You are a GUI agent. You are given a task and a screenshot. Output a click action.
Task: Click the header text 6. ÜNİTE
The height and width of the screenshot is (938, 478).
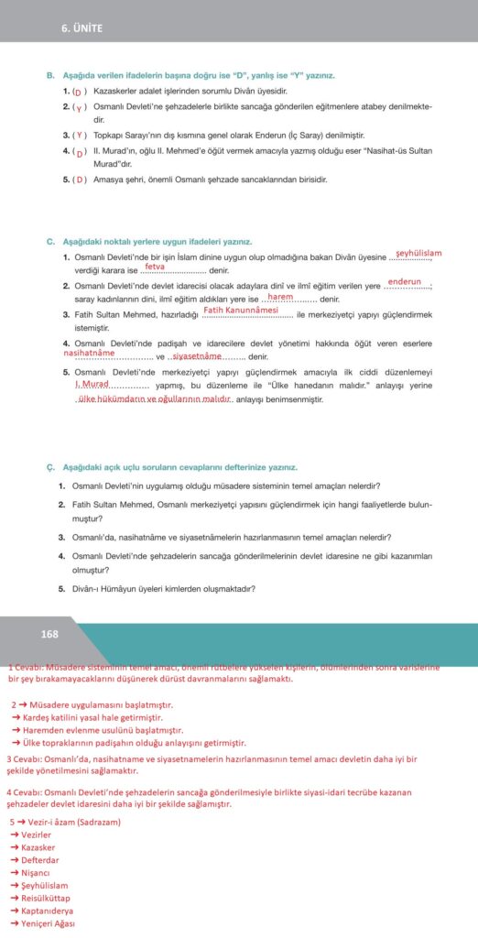(82, 28)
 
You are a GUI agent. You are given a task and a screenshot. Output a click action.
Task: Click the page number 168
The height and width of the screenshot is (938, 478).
(49, 634)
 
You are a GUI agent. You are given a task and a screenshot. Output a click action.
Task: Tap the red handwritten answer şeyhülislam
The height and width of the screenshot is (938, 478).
(418, 253)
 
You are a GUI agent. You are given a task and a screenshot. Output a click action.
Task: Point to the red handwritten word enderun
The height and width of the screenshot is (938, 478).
(404, 281)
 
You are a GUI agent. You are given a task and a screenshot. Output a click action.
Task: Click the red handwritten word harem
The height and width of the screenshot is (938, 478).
(280, 296)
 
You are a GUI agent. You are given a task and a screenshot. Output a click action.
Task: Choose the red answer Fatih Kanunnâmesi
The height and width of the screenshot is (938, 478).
(241, 311)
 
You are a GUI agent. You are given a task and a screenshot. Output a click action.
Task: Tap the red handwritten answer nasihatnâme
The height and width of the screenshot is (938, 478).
(89, 352)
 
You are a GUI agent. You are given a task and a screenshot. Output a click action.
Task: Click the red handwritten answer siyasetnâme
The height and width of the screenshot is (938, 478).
(197, 355)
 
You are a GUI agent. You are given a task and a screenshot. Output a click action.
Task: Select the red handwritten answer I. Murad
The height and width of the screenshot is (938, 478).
(92, 384)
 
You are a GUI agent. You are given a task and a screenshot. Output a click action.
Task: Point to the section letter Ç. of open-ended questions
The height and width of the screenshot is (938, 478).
(50, 466)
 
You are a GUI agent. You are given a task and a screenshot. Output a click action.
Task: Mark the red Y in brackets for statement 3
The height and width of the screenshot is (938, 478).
(80, 134)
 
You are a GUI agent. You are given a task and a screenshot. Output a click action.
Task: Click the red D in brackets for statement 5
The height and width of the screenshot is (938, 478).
(80, 179)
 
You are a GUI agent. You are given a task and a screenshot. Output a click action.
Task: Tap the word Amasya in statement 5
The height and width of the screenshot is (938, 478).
(108, 179)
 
